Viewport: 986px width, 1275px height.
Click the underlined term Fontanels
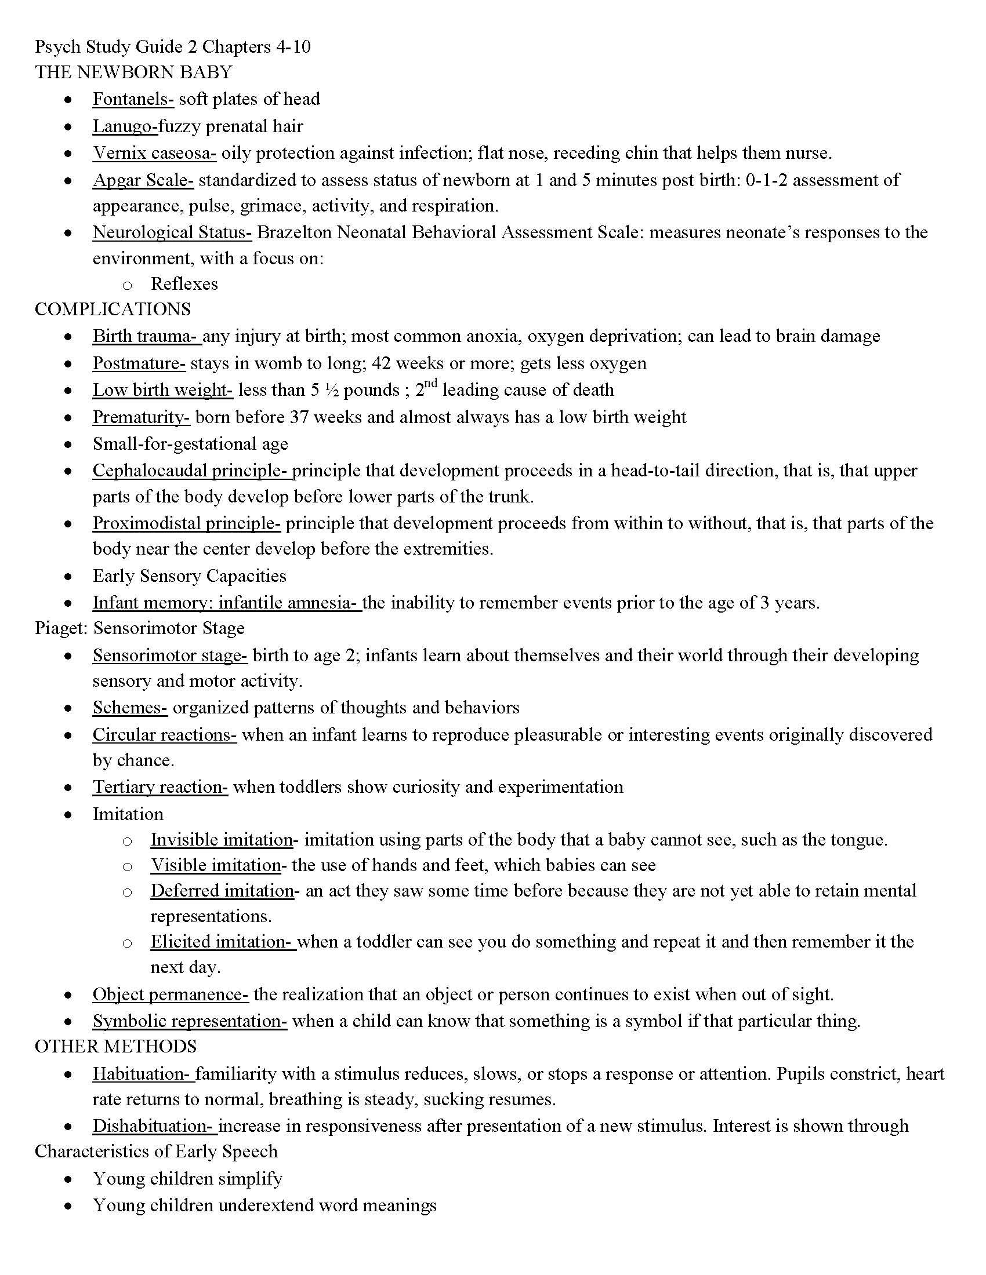[x=133, y=99]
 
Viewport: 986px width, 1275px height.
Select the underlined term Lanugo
[x=125, y=126]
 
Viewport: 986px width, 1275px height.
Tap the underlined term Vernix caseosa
[x=154, y=153]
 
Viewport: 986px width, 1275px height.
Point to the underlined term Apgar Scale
[x=143, y=180]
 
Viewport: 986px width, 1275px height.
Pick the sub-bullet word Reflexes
[x=184, y=284]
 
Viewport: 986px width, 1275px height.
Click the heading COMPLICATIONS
[x=113, y=309]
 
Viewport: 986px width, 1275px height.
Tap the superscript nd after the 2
[x=431, y=384]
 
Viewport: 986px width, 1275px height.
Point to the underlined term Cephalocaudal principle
[x=191, y=471]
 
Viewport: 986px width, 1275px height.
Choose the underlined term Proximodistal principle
[x=186, y=523]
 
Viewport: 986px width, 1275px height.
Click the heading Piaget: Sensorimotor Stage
[x=140, y=628]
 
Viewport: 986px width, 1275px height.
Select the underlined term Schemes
[x=130, y=708]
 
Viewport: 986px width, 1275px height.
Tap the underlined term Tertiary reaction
[x=160, y=787]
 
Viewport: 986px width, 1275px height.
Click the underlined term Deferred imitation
[x=222, y=891]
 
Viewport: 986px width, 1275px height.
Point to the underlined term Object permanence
[x=171, y=994]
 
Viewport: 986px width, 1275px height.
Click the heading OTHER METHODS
[x=115, y=1046]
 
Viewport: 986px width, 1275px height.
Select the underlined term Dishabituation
[x=155, y=1125]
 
